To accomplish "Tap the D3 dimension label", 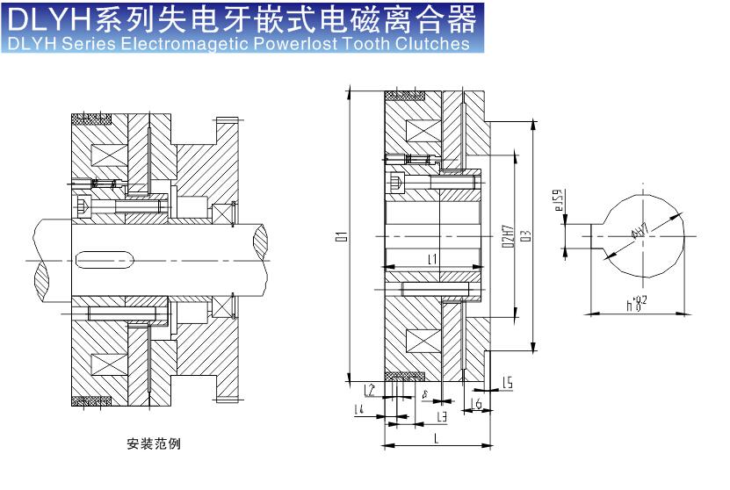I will pyautogui.click(x=525, y=235).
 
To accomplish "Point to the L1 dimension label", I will pyautogui.click(x=432, y=259).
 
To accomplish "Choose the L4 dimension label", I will pyautogui.click(x=358, y=409).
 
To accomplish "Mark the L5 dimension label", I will pyautogui.click(x=508, y=382).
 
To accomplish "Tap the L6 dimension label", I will pyautogui.click(x=476, y=403).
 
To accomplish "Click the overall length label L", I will pyautogui.click(x=437, y=437).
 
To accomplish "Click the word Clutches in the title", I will pyautogui.click(x=434, y=44).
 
